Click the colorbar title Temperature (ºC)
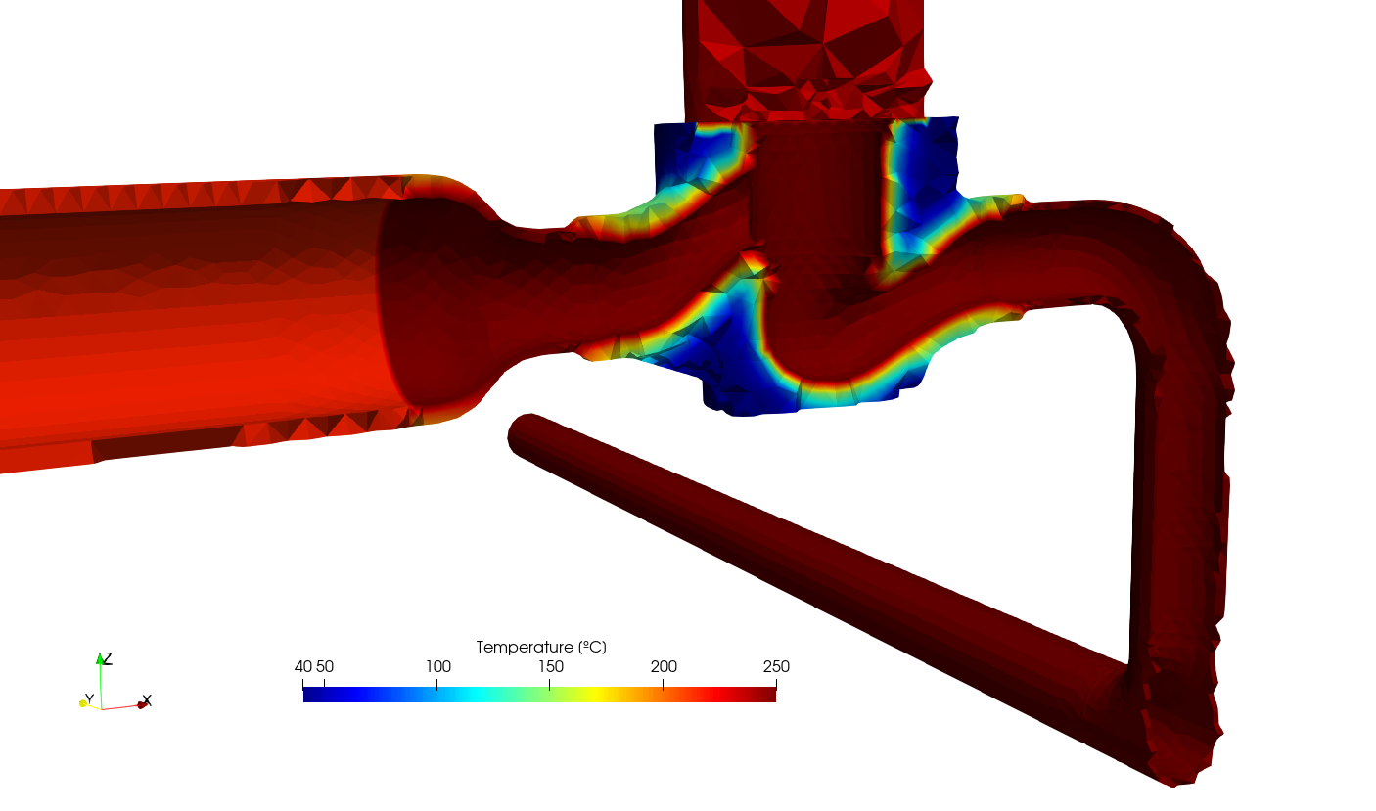(x=541, y=647)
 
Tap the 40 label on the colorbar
(x=303, y=667)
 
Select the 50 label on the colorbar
(x=324, y=667)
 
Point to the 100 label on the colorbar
(x=438, y=667)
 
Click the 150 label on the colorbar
(x=551, y=667)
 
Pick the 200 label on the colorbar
(x=665, y=667)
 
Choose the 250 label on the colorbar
(x=776, y=667)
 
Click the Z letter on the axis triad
(x=108, y=658)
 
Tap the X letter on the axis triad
(x=147, y=700)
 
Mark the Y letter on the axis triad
(x=89, y=698)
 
